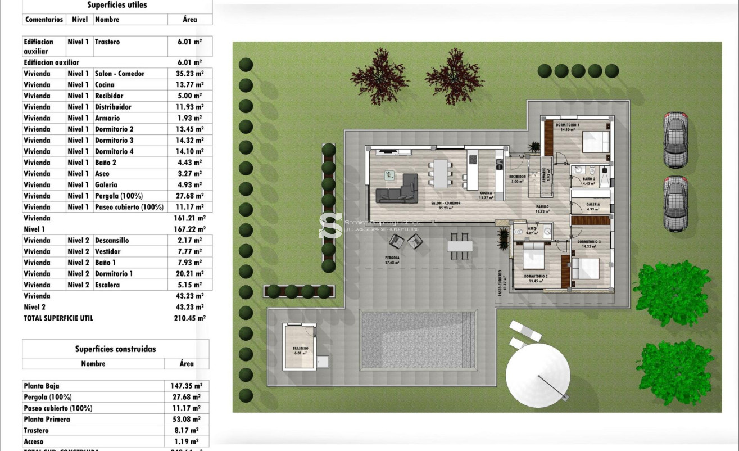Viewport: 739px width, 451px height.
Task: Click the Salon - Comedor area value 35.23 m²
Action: pyautogui.click(x=190, y=74)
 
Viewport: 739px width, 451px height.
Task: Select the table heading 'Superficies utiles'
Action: pyautogui.click(x=117, y=5)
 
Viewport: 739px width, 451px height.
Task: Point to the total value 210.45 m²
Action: pyautogui.click(x=189, y=318)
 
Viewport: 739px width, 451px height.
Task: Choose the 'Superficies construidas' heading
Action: pyautogui.click(x=115, y=349)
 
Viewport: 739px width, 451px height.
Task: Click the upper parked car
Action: pyautogui.click(x=675, y=140)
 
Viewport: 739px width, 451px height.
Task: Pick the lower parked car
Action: pyautogui.click(x=675, y=204)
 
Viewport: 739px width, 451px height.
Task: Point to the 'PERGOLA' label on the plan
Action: pyautogui.click(x=392, y=258)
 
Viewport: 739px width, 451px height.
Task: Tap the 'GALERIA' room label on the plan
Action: pyautogui.click(x=593, y=205)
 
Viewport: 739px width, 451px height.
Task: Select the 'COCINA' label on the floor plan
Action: pyautogui.click(x=486, y=193)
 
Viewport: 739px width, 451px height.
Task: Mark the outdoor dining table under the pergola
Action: pyautogui.click(x=460, y=246)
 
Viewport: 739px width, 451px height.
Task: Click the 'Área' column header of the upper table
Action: pyautogui.click(x=190, y=20)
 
